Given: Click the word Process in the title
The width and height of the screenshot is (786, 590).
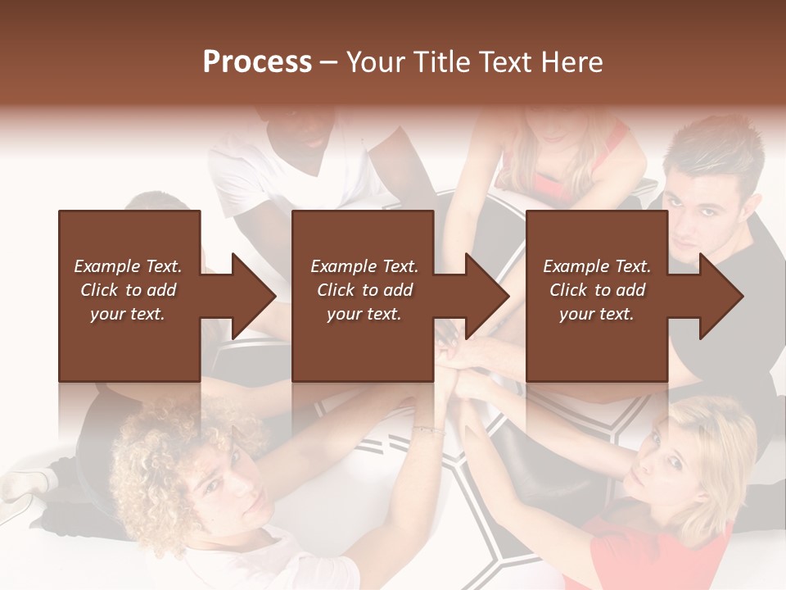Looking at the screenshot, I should pos(257,62).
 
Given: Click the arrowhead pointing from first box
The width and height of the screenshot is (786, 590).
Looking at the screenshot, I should pos(254,296).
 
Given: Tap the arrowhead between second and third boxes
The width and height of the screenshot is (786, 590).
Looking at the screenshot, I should pos(487,296).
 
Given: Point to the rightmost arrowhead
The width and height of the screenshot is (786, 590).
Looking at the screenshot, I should pos(721,296).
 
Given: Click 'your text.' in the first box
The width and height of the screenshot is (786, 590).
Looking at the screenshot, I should pos(128,314).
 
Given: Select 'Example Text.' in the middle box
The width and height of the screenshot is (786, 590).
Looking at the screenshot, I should pos(364,266).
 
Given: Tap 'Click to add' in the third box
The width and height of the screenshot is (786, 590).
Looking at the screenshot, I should pos(597,290).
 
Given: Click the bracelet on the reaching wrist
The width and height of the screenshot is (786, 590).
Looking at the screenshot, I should pos(428,430).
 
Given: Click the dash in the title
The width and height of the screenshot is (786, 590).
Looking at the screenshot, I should pos(328,62).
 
